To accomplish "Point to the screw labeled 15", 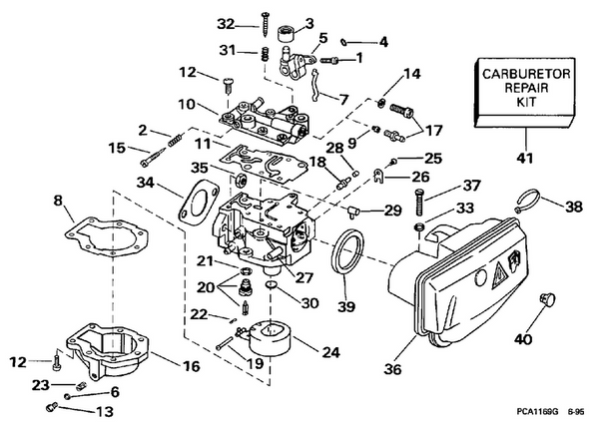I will tap(154, 159).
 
